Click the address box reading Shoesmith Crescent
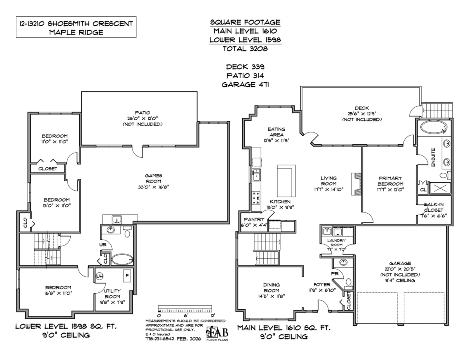pyautogui.click(x=76, y=27)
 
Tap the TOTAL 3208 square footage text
pyautogui.click(x=245, y=49)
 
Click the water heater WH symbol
pyautogui.click(x=99, y=276)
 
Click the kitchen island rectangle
pyautogui.click(x=286, y=181)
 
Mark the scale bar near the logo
pyautogui.click(x=186, y=310)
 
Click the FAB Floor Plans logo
pyautogui.click(x=217, y=332)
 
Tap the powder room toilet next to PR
pyautogui.click(x=348, y=282)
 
